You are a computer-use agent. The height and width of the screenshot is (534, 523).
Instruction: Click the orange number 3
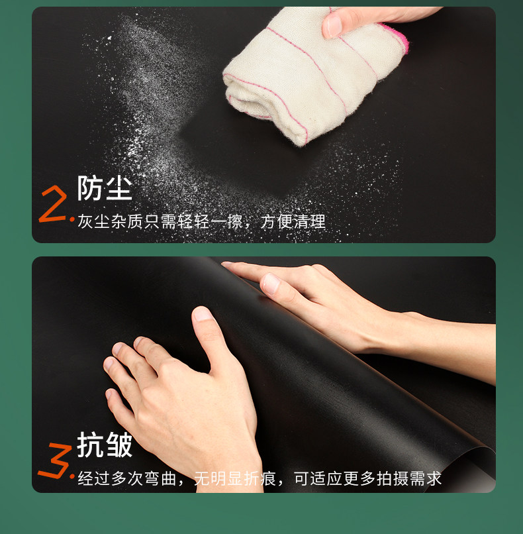click(x=54, y=460)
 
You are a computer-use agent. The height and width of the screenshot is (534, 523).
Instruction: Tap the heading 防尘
click(x=105, y=188)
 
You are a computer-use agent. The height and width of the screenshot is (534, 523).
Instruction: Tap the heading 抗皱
click(x=105, y=445)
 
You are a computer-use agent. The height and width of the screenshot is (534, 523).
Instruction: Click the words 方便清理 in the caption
click(x=293, y=222)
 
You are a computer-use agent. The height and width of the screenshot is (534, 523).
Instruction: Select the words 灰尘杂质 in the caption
click(x=111, y=222)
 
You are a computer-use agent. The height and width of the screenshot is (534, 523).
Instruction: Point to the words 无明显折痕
click(x=235, y=478)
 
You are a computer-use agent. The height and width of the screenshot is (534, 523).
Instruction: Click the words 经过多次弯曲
click(x=127, y=478)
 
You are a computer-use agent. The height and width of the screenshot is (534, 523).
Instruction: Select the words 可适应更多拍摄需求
click(x=368, y=478)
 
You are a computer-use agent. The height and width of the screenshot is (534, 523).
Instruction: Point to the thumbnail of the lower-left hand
click(x=202, y=314)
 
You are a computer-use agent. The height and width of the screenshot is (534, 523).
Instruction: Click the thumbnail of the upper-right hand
click(x=271, y=284)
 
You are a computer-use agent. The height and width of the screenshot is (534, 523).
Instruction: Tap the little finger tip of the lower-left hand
click(x=109, y=394)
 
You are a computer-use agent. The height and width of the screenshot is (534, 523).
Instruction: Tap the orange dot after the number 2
click(x=72, y=220)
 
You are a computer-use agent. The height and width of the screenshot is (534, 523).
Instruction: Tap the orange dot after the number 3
click(x=72, y=476)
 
